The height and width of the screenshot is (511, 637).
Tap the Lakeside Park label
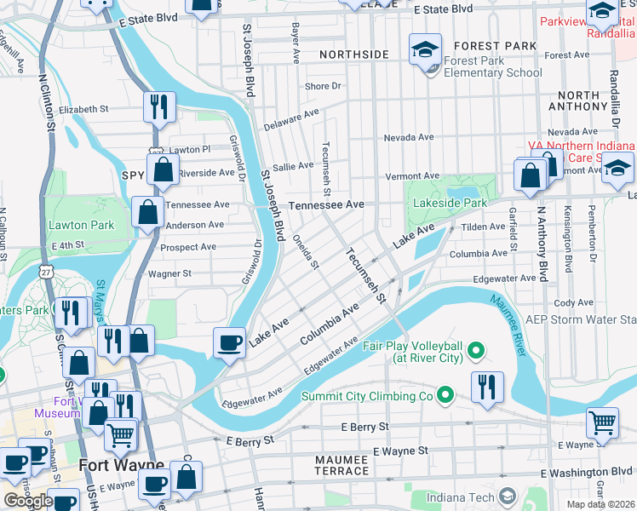(x=450, y=204)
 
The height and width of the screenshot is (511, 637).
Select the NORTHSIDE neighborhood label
(x=354, y=55)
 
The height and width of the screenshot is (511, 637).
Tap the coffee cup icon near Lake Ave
(x=229, y=342)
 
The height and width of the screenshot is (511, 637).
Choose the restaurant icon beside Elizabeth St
(x=159, y=107)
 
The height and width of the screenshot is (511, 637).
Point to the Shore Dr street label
(x=323, y=86)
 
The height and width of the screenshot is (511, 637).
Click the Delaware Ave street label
(x=290, y=119)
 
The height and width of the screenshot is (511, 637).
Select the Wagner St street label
(x=169, y=273)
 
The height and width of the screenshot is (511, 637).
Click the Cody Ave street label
(x=573, y=302)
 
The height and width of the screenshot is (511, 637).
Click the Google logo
(x=28, y=500)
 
